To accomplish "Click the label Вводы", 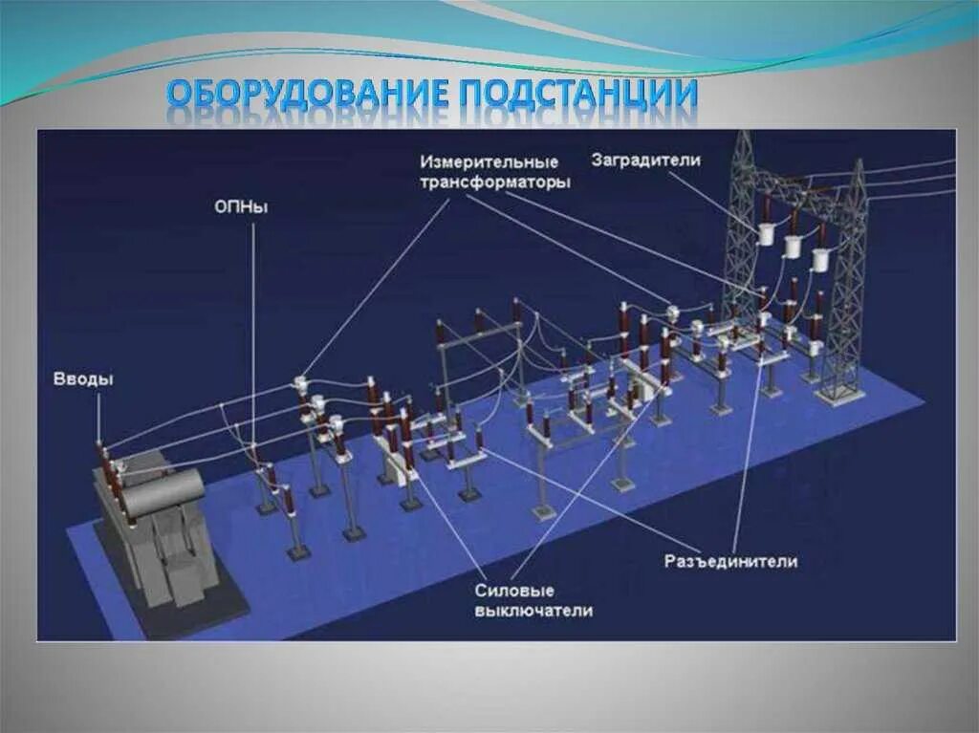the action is click(x=83, y=379).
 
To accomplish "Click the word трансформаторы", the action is click(x=495, y=181).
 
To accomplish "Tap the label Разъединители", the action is click(x=731, y=561).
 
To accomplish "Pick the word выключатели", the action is click(x=533, y=611).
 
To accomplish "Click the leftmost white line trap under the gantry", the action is click(x=768, y=235).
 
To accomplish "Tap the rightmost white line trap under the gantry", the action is click(x=821, y=259).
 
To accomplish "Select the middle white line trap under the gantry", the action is click(x=794, y=247).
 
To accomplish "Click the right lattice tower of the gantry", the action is click(x=849, y=287).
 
